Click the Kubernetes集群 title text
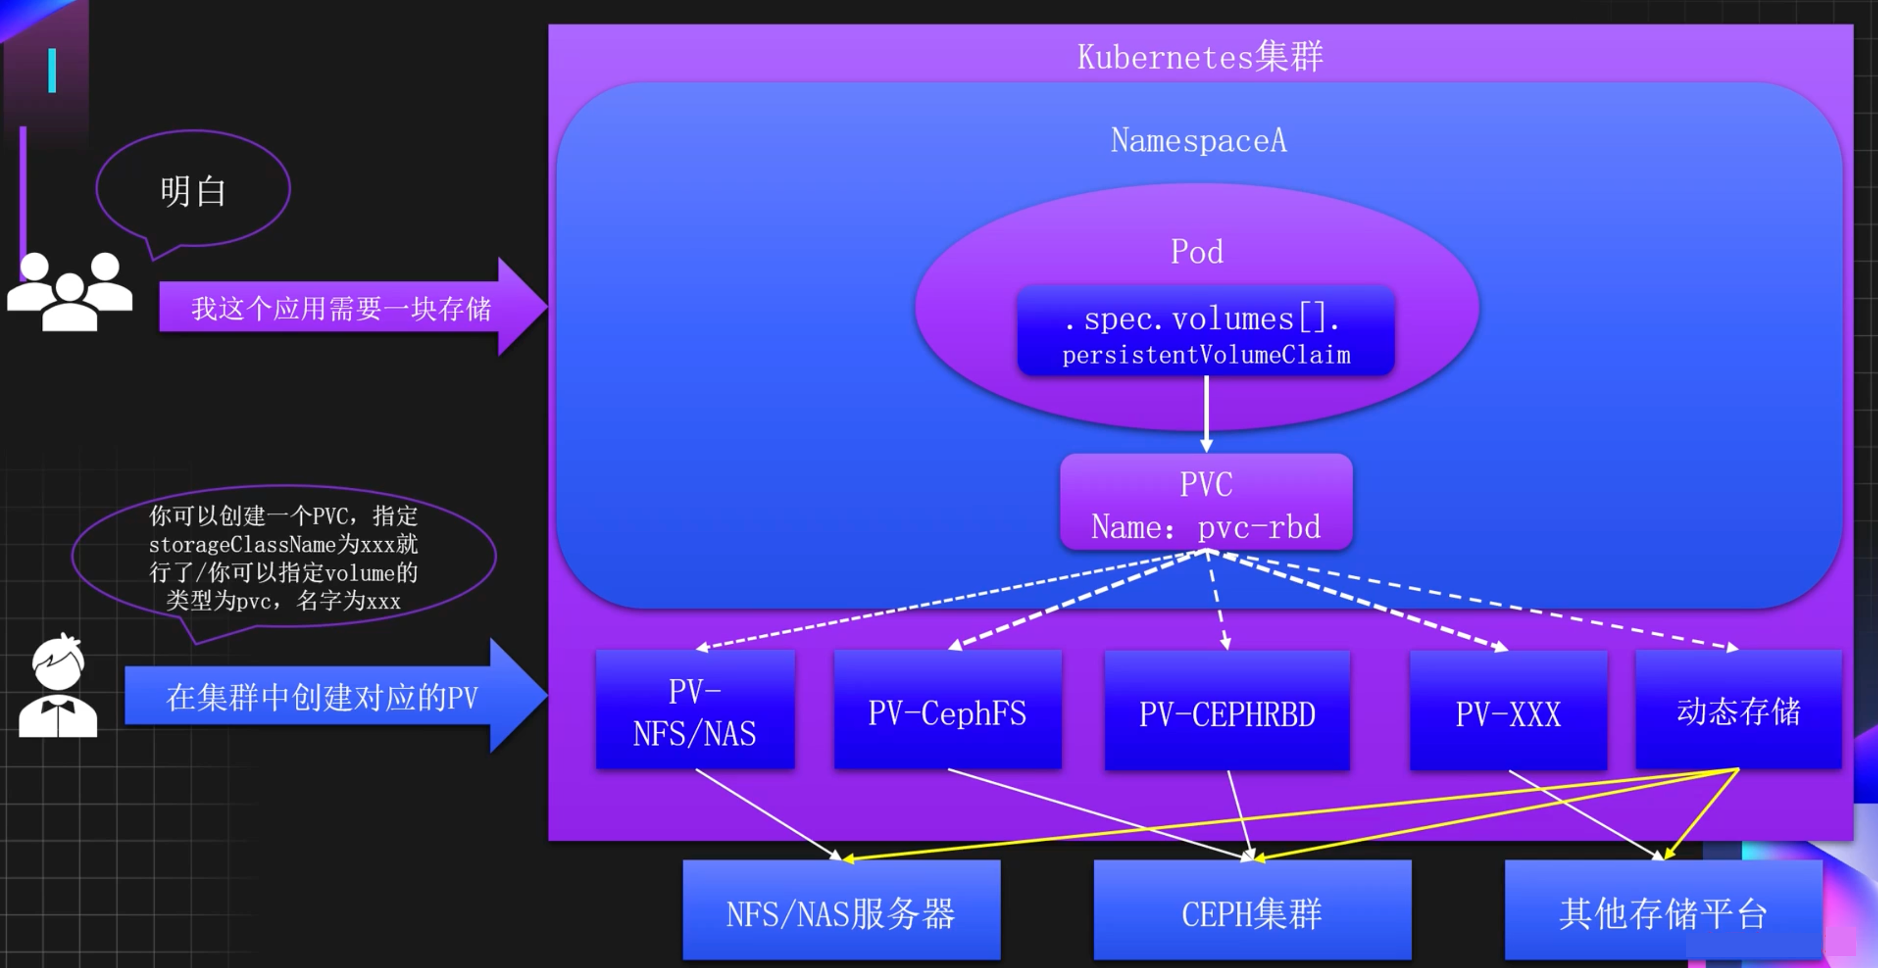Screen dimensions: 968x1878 pyautogui.click(x=1199, y=56)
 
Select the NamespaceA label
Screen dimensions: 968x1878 pyautogui.click(x=1199, y=140)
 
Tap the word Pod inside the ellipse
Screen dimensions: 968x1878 pyautogui.click(x=1196, y=252)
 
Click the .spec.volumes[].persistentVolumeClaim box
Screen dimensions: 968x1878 pyautogui.click(x=1206, y=332)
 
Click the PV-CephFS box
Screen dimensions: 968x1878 pyautogui.click(x=947, y=710)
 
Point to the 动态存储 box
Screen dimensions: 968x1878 pyautogui.click(x=1738, y=710)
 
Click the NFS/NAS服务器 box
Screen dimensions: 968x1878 pyautogui.click(x=840, y=911)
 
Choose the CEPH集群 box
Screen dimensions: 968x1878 pyautogui.click(x=1252, y=911)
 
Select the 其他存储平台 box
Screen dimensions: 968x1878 pyautogui.click(x=1663, y=911)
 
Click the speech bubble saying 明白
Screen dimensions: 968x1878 pyautogui.click(x=193, y=189)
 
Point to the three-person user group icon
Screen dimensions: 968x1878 pyautogui.click(x=70, y=292)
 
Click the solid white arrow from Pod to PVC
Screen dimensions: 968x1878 pyautogui.click(x=1206, y=412)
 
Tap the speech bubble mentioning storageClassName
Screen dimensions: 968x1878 pyautogui.click(x=284, y=557)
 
